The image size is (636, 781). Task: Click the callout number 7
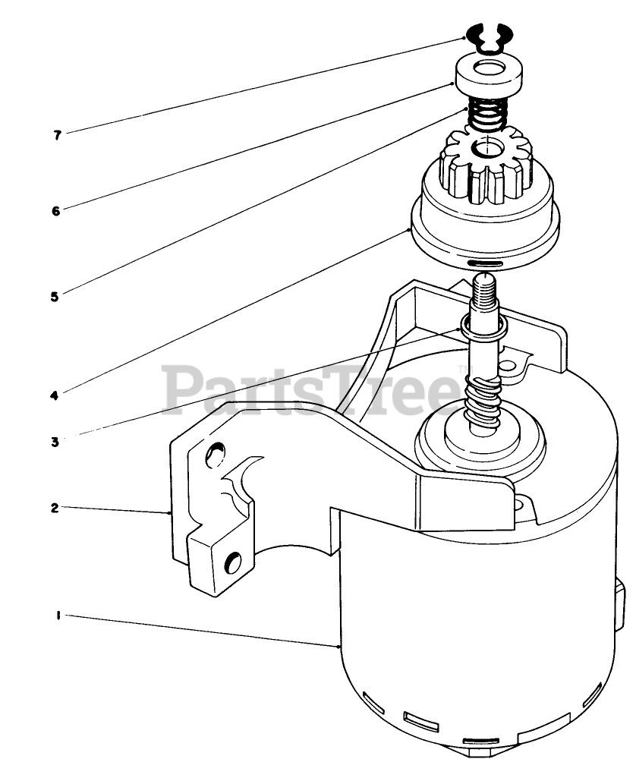(57, 136)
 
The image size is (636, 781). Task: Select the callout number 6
(55, 211)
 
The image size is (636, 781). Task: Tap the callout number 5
(54, 297)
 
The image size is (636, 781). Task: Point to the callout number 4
(54, 395)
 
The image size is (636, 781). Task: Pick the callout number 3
(55, 442)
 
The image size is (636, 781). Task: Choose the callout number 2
(54, 509)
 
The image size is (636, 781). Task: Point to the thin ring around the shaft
(483, 327)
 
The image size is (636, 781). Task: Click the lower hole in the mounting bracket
(235, 562)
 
